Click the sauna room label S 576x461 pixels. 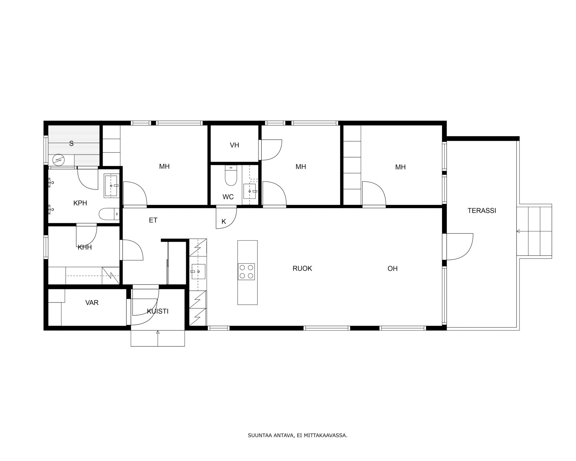[x=71, y=144]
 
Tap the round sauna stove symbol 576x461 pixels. [x=59, y=160]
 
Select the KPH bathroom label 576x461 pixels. [x=80, y=203]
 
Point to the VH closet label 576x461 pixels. [x=234, y=145]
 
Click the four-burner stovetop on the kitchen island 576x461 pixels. [x=247, y=272]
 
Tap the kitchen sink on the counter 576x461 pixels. [x=199, y=272]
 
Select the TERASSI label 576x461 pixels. [x=482, y=211]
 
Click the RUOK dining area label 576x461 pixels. [x=302, y=268]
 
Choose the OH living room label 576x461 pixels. [x=392, y=268]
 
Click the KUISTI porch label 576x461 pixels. [x=158, y=311]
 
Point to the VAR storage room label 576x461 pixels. [x=92, y=303]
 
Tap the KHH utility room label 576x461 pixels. [x=85, y=247]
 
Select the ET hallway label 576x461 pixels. [x=153, y=220]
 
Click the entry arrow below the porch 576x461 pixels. [x=158, y=339]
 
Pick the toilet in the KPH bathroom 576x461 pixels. [x=109, y=214]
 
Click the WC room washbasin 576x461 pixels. [x=250, y=191]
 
